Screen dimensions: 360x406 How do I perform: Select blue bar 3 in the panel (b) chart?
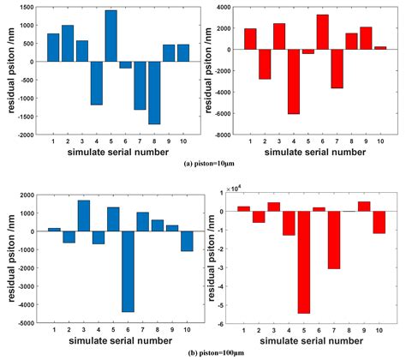[x=83, y=216]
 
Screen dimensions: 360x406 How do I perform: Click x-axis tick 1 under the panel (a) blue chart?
[x=53, y=141]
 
